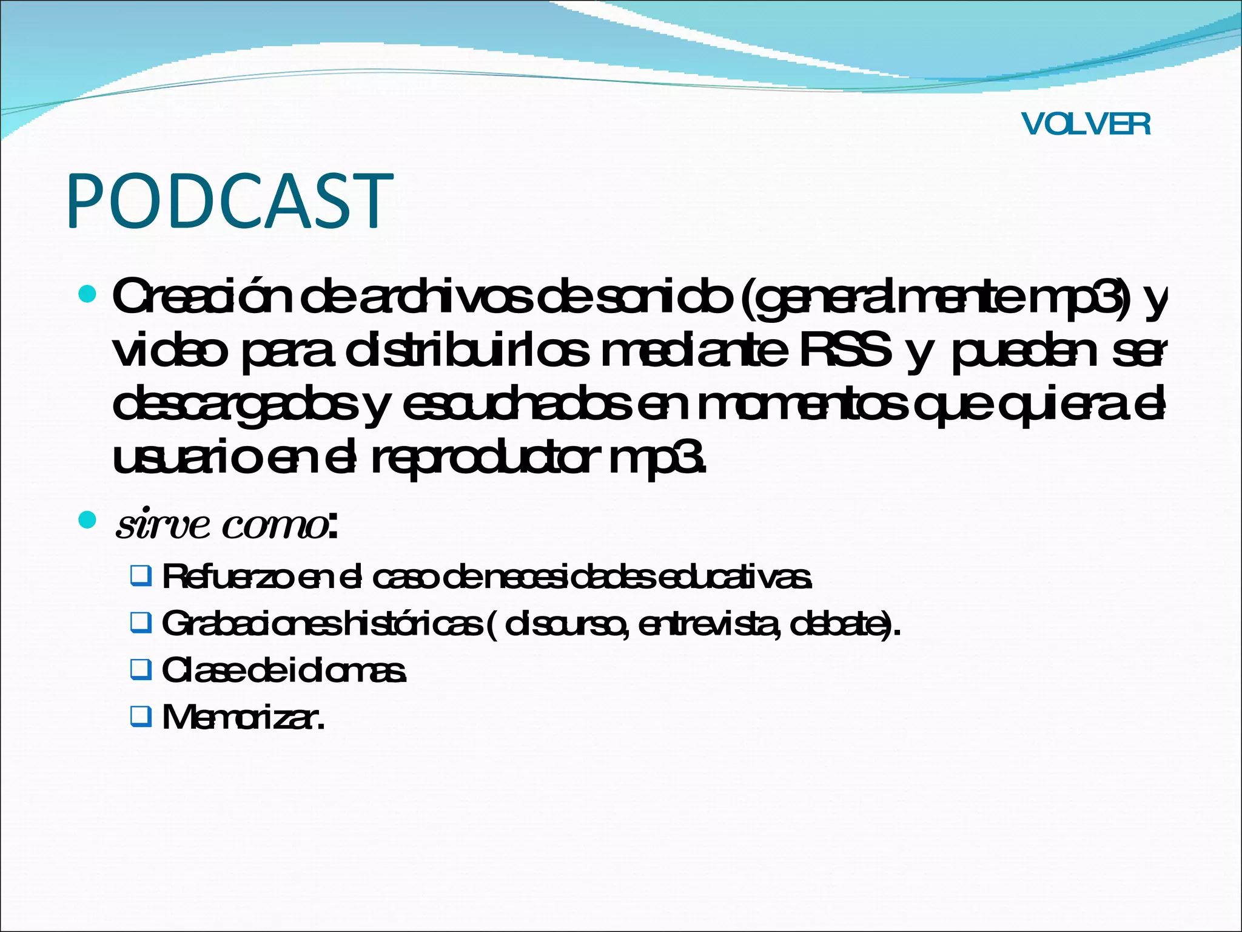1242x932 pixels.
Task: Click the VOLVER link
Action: pyautogui.click(x=1086, y=124)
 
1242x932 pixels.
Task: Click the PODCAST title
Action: pyautogui.click(x=230, y=201)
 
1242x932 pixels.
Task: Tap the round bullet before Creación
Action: pyautogui.click(x=88, y=295)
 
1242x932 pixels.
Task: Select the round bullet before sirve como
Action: pyautogui.click(x=88, y=520)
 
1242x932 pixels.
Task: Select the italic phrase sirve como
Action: pyautogui.click(x=221, y=524)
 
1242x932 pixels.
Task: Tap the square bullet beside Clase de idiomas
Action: pyautogui.click(x=141, y=670)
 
